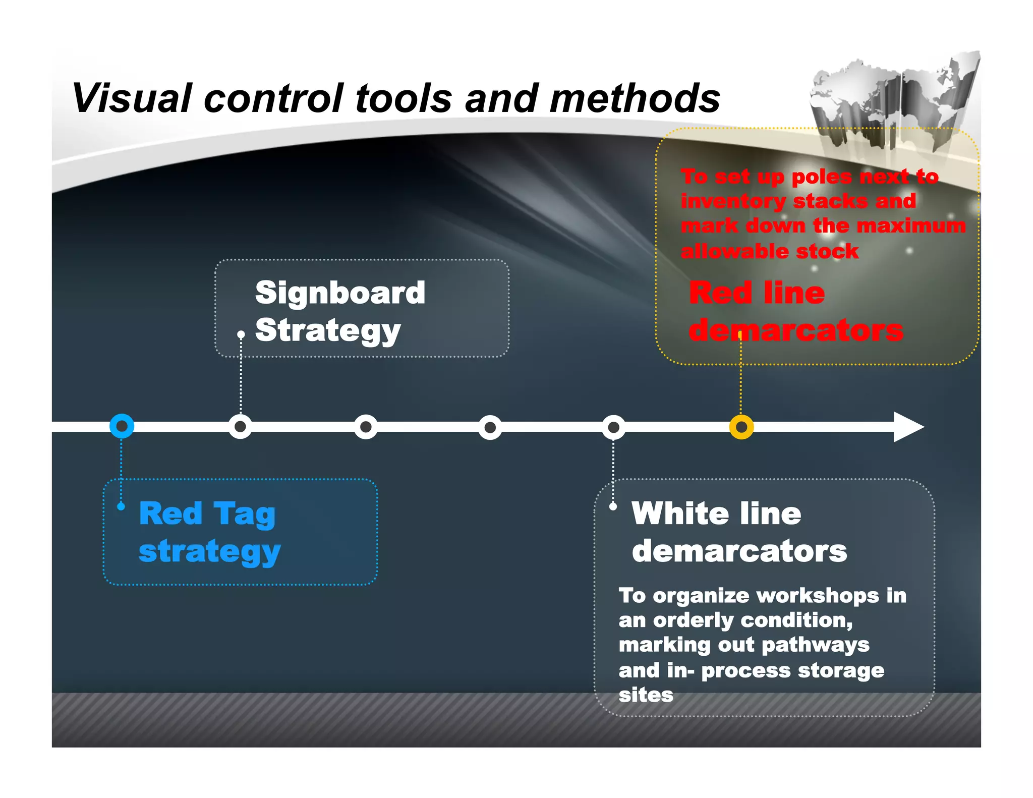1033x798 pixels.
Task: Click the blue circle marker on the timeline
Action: coord(122,427)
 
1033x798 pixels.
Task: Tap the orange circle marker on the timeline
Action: coord(741,427)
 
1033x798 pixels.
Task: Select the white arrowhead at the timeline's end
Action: coord(907,427)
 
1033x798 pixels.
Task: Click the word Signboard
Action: coord(340,293)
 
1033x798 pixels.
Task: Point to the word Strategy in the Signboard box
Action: coord(327,330)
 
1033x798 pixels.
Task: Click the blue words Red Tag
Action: coord(207,514)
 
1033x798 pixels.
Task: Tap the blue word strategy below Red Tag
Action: coord(209,551)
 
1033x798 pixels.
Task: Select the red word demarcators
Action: coord(796,330)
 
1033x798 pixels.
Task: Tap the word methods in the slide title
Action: coord(635,98)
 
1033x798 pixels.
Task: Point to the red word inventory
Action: coord(732,201)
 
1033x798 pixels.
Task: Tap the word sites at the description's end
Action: coord(646,695)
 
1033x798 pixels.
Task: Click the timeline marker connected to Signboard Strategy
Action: coord(241,427)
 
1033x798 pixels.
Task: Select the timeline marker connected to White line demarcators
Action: coord(613,427)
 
